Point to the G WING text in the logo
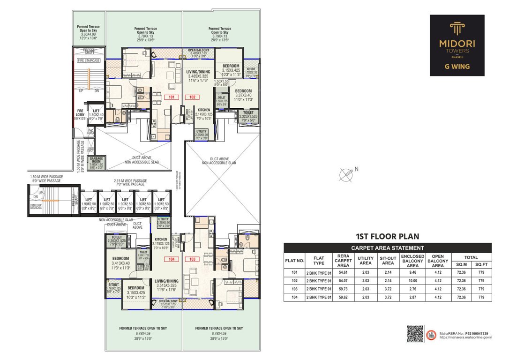pos(457,67)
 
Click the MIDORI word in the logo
pos(457,43)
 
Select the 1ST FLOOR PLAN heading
pos(388,237)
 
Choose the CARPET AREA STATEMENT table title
pos(388,247)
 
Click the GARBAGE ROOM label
pos(97,159)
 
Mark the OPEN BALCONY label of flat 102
pos(199,50)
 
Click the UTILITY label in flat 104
pos(164,219)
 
